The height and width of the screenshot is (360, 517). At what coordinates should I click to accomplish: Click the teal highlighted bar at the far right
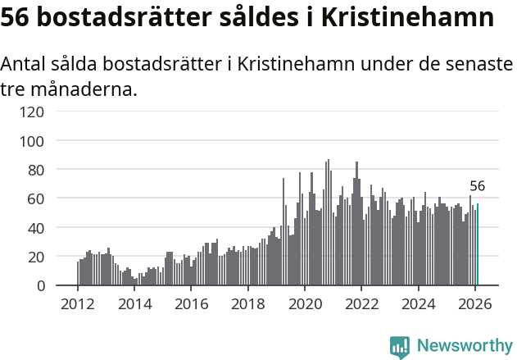coord(478,245)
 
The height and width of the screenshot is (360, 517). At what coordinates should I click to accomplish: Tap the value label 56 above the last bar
coord(478,186)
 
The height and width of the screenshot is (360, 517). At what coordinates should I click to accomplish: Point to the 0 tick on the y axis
coord(40,285)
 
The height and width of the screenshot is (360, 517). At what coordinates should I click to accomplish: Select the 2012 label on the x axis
coord(78,303)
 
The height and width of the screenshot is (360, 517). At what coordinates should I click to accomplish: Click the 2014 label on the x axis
coord(134,303)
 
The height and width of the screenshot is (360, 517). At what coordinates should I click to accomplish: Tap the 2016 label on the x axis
coord(191,303)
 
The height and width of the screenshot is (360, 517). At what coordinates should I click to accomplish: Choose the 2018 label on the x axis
coord(247,303)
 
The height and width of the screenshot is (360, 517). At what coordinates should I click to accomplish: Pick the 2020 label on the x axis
coord(305,303)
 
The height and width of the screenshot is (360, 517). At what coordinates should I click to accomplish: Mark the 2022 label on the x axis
coord(361,303)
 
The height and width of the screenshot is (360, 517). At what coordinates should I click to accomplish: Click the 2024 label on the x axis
coord(418,303)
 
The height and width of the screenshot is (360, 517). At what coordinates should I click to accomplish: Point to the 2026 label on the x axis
coord(475,303)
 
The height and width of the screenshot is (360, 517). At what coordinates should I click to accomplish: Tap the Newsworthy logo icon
coord(400,347)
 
